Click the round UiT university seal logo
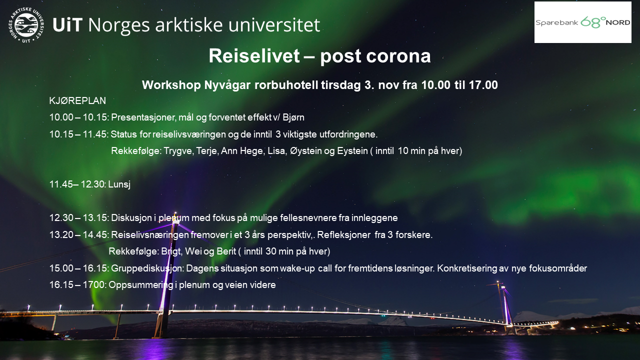tap(26, 25)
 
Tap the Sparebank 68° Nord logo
tap(583, 22)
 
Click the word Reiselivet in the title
tap(254, 55)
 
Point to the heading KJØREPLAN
tap(77, 100)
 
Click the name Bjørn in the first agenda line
tap(293, 117)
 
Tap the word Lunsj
tap(119, 184)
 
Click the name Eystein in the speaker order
tap(352, 151)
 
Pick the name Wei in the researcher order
tap(193, 251)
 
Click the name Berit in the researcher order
tap(226, 251)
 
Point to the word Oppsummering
tap(141, 285)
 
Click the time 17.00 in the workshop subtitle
tap(483, 85)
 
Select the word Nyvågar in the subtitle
tap(227, 85)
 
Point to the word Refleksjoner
tap(343, 235)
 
